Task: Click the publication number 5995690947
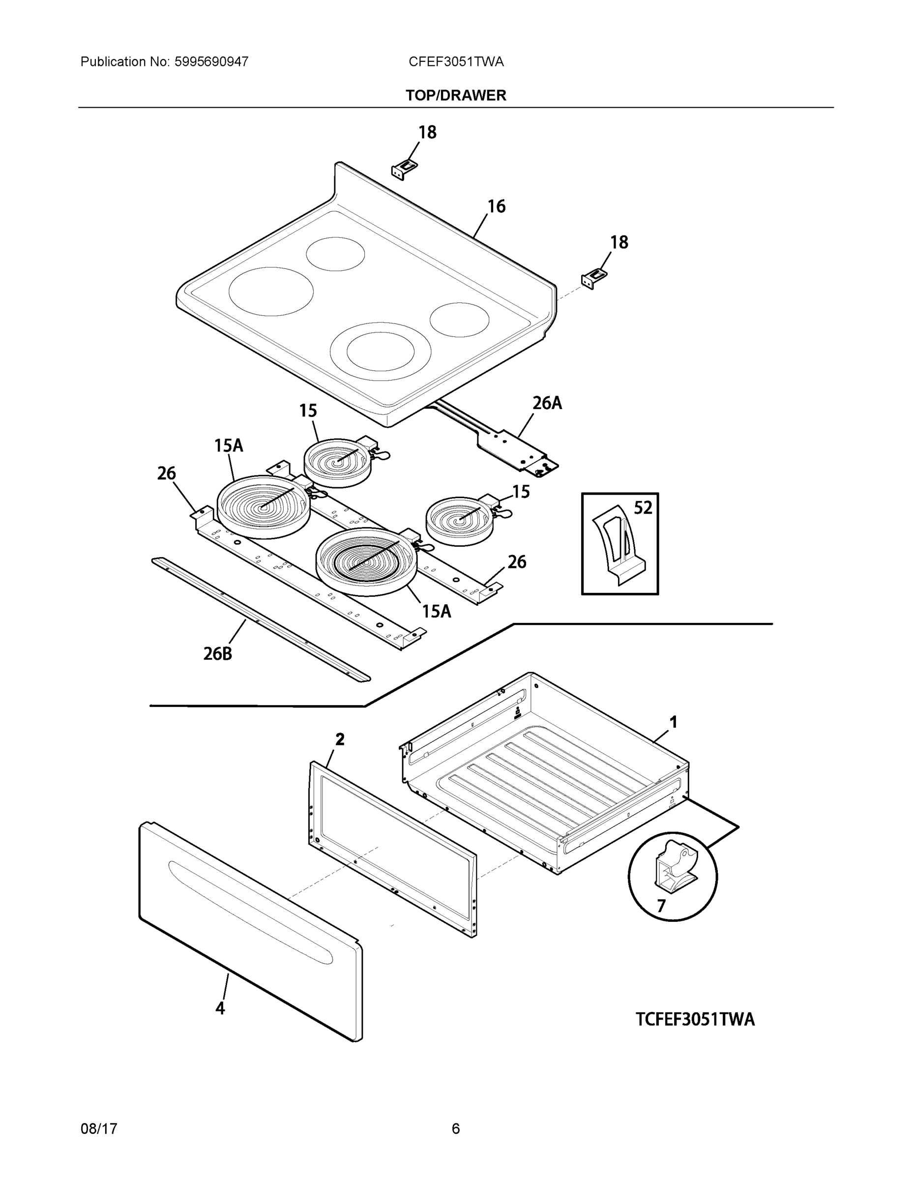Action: point(211,61)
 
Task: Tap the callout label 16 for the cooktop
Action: point(496,206)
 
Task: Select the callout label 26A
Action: point(547,403)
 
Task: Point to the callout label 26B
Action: point(217,654)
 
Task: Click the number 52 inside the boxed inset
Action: point(643,508)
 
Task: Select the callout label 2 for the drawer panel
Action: point(339,739)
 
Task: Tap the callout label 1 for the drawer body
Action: point(673,722)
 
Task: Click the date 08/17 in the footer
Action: point(98,1129)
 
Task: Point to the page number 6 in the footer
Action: point(455,1129)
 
